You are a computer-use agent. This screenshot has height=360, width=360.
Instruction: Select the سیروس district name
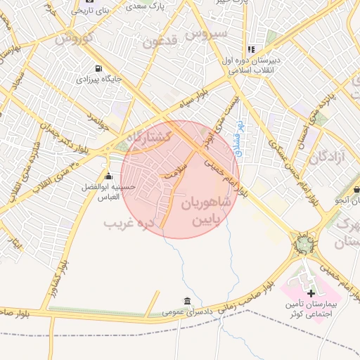coord(210,33)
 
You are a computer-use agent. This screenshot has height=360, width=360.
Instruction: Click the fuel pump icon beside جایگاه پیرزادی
coord(97,69)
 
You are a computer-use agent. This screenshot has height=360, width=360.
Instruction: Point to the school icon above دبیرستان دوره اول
coord(251,49)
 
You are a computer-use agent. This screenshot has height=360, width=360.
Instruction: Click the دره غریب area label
coord(129,224)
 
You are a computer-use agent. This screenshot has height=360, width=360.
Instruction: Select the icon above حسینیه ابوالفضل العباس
coord(108,176)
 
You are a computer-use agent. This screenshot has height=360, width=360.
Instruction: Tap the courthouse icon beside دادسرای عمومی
coord(187,300)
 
